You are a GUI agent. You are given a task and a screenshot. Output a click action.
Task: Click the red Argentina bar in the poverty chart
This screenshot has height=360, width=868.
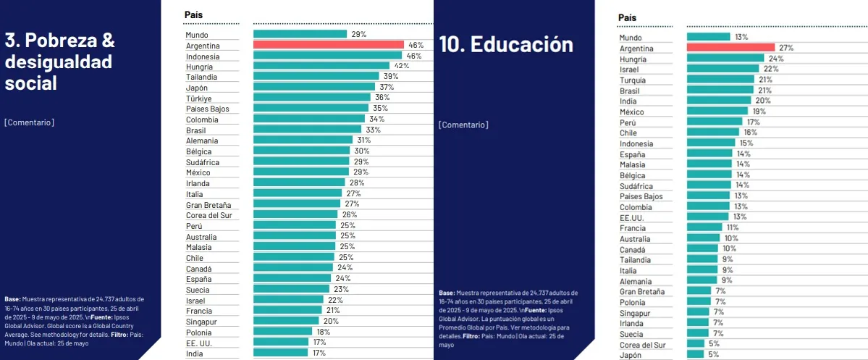pos(328,45)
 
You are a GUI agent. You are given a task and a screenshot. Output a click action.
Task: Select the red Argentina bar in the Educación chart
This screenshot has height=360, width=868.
pos(730,48)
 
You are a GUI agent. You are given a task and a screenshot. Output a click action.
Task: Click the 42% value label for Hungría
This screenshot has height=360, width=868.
pos(401,66)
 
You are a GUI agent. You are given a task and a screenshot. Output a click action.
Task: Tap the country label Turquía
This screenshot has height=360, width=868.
pos(633,80)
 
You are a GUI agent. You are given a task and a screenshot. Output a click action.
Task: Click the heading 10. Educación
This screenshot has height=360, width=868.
pos(505,44)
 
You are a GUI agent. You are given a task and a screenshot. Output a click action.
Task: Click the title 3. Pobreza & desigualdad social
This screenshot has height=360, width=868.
pos(59,62)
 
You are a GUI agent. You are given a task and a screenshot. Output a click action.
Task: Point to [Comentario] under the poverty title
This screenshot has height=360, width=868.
pos(29,122)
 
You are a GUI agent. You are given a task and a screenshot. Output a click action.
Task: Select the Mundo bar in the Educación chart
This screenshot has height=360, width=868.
pos(708,37)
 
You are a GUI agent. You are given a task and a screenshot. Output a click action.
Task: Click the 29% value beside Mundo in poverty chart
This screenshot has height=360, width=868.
pos(358,34)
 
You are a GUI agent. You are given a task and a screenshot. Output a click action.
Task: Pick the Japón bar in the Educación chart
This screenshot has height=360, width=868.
pos(695,354)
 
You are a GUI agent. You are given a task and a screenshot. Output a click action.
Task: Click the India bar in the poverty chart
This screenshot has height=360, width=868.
pos(280,353)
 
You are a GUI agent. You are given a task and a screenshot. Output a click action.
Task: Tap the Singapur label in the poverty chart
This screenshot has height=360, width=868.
pos(202,321)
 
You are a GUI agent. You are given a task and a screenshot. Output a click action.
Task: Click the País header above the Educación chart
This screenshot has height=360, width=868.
pos(628,17)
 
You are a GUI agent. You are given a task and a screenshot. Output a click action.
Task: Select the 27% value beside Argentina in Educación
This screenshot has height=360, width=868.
pos(785,48)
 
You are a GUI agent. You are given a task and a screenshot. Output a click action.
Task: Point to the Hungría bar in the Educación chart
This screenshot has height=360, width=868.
pos(725,59)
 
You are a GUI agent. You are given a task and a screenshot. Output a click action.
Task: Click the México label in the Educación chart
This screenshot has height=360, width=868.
pos(632,112)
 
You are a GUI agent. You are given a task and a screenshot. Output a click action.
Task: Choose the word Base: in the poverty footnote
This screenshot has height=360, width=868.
pos(12,298)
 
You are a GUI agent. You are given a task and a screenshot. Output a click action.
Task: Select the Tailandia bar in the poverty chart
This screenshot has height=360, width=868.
pos(316,76)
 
